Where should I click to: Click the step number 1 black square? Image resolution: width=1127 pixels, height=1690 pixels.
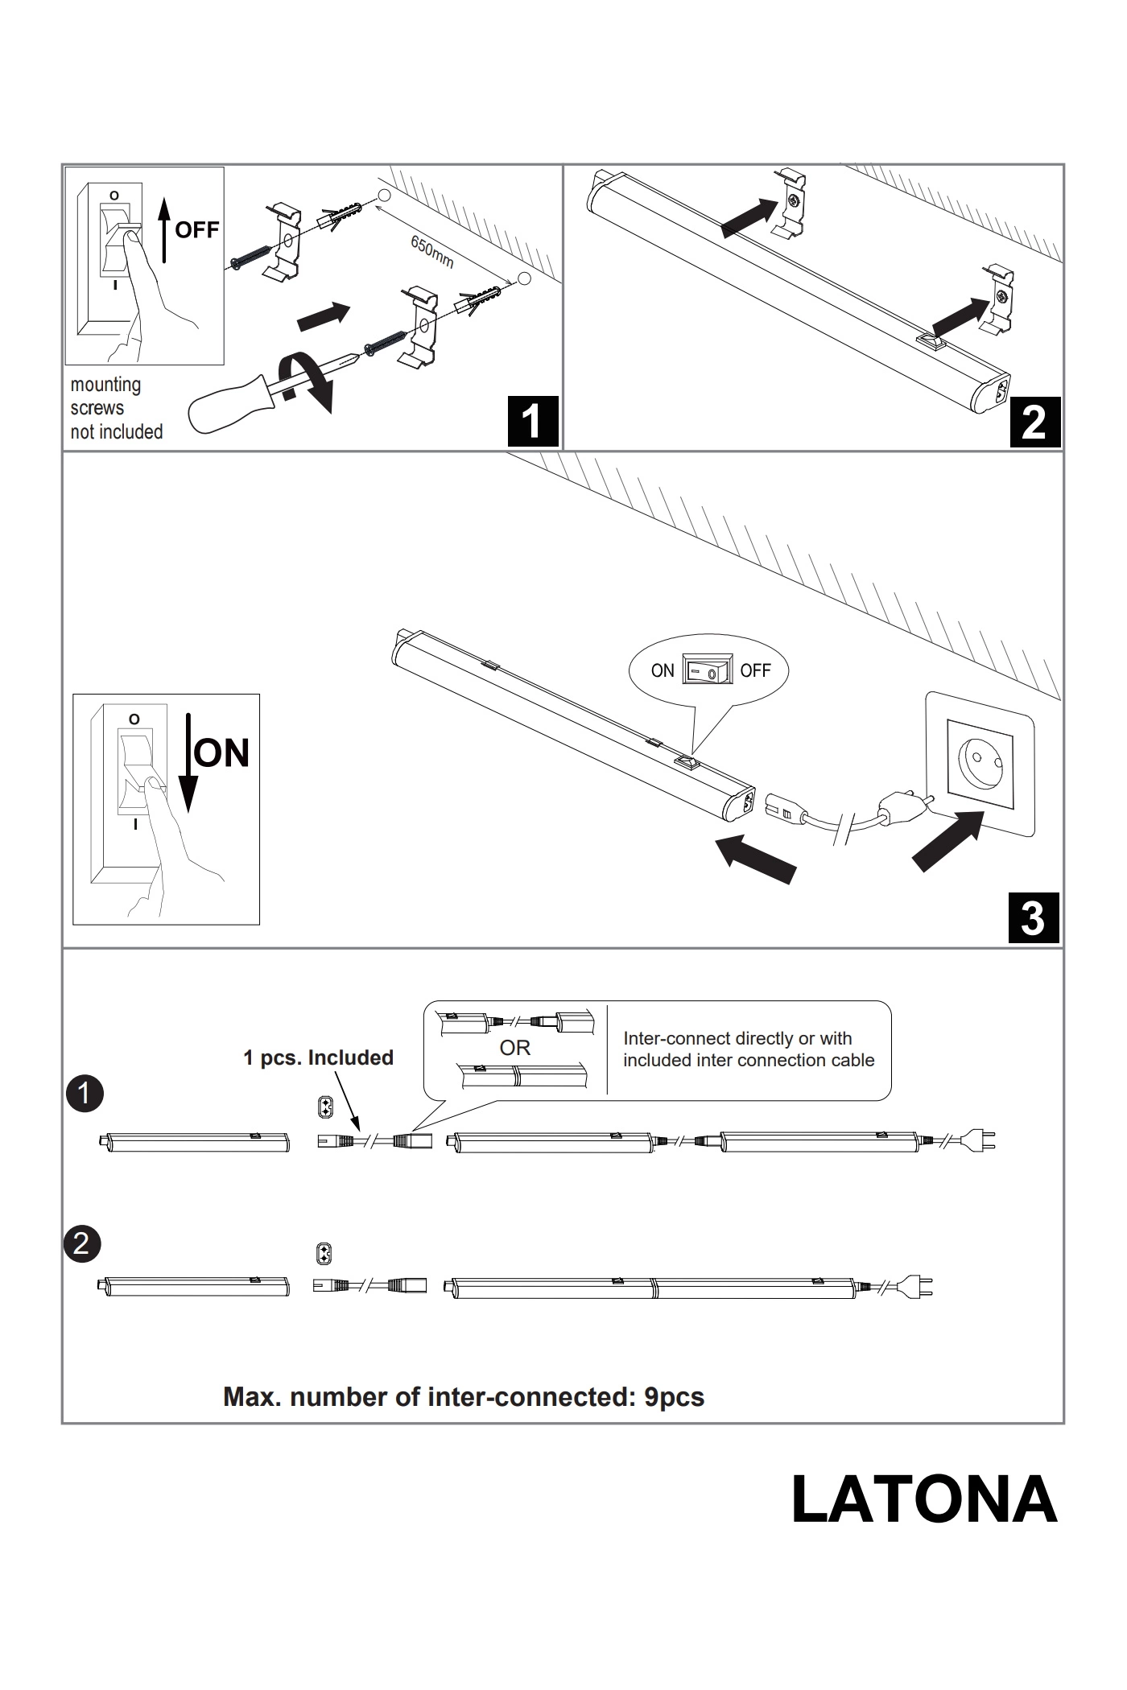tap(532, 421)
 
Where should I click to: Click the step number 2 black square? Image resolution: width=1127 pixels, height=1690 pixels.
tap(1034, 422)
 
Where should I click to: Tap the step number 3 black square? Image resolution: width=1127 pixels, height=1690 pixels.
tap(1033, 917)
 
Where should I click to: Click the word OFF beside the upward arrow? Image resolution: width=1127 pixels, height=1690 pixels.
tap(196, 230)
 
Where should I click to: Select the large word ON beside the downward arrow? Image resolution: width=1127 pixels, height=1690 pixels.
tap(222, 753)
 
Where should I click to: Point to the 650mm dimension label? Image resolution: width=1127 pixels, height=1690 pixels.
tap(432, 252)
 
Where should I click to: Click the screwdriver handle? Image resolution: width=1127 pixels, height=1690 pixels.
tap(225, 405)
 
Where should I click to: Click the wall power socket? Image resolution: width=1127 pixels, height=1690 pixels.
tap(980, 763)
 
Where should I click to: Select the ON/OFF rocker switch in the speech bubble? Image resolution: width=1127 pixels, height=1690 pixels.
tap(708, 670)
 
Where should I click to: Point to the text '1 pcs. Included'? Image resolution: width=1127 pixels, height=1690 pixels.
tap(318, 1057)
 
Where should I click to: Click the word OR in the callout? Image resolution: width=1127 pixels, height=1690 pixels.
tap(515, 1048)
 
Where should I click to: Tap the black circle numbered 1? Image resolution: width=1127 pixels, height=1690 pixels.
tap(85, 1094)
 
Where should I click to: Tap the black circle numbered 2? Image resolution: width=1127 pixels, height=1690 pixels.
tap(81, 1244)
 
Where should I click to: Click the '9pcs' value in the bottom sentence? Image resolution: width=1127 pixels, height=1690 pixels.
tap(674, 1397)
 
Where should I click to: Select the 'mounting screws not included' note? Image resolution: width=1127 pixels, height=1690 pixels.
tap(117, 408)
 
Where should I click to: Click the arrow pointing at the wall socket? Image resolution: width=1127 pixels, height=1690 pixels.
tap(947, 841)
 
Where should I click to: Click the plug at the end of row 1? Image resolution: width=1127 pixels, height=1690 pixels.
tap(982, 1140)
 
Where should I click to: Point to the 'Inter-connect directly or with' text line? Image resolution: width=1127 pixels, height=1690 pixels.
tap(737, 1038)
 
